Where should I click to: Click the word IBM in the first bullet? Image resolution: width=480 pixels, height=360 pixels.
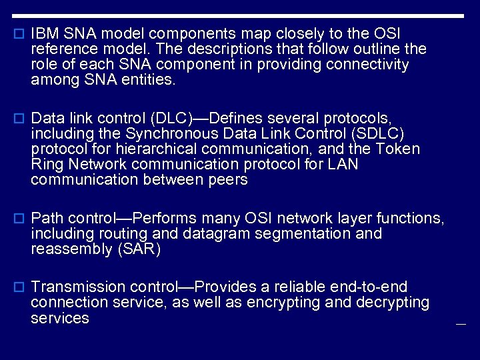tap(44, 33)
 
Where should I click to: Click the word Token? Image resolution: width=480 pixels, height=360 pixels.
tap(399, 149)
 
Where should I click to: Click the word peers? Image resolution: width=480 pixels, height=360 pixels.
tap(227, 180)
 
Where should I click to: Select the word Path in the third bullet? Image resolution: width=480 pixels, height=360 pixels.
tap(47, 219)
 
